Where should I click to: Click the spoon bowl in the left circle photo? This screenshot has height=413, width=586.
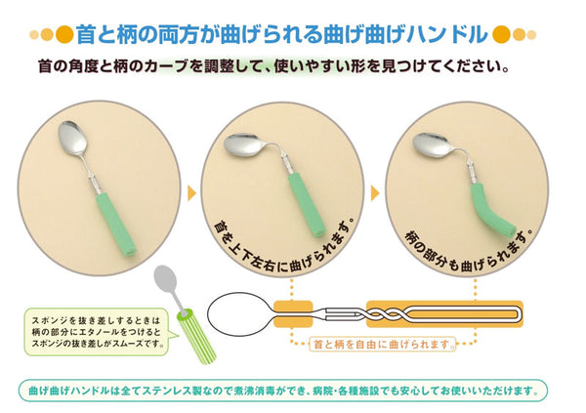(x=72, y=140)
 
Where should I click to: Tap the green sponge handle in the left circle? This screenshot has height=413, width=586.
(x=116, y=225)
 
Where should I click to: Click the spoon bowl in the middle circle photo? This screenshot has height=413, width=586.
(x=244, y=145)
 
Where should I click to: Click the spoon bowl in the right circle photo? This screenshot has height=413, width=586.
(x=433, y=145)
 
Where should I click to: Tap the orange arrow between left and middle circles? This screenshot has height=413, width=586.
(x=191, y=193)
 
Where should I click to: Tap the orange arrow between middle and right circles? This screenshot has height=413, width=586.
(x=375, y=193)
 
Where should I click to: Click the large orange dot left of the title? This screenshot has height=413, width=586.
(x=63, y=35)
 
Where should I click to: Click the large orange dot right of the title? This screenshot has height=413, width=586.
(x=501, y=35)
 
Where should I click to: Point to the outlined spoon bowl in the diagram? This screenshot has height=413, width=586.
(x=238, y=314)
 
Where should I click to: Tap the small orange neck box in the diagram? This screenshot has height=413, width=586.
(x=293, y=314)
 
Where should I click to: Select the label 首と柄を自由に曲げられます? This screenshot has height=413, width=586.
(x=382, y=344)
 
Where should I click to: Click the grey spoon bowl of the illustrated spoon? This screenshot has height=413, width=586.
(x=165, y=279)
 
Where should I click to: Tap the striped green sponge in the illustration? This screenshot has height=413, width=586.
(x=196, y=336)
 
